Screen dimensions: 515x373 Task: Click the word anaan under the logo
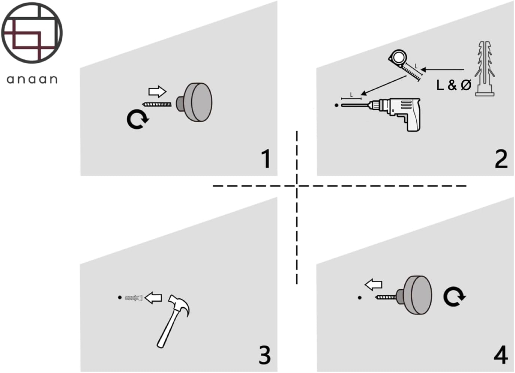click(x=32, y=79)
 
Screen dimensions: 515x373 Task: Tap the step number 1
click(x=266, y=159)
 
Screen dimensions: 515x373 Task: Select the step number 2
click(x=501, y=159)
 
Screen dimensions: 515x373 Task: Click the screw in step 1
click(x=157, y=104)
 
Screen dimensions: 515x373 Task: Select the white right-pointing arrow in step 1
click(x=157, y=92)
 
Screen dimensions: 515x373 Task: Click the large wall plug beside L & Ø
click(x=485, y=69)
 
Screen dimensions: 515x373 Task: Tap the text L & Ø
click(x=453, y=85)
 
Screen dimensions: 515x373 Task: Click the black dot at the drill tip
click(x=336, y=105)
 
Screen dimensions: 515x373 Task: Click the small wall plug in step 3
click(x=134, y=298)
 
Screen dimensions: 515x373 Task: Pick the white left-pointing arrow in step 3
click(x=153, y=298)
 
